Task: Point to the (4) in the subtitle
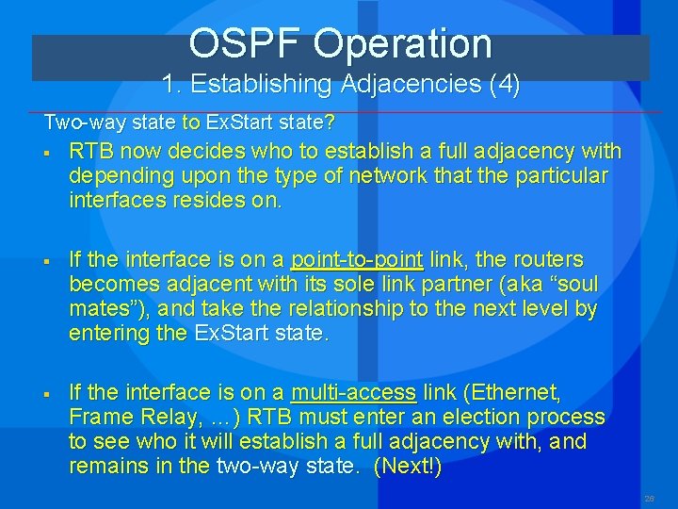click(504, 84)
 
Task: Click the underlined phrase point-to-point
click(357, 259)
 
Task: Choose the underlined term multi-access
click(353, 392)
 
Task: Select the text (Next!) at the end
click(407, 466)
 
